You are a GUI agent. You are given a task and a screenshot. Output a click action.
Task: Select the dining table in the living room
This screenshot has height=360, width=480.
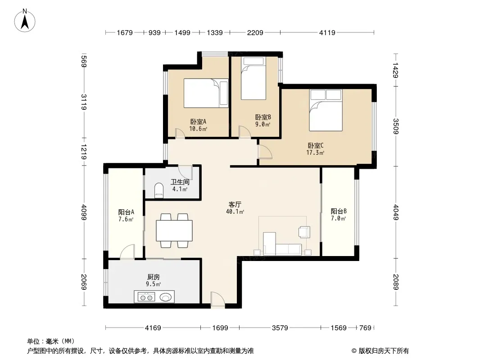click(x=174, y=230)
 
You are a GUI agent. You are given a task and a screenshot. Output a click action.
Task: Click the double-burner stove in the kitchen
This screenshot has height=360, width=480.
click(x=146, y=297)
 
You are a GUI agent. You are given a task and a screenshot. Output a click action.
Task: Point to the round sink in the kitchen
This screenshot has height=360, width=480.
click(x=166, y=297)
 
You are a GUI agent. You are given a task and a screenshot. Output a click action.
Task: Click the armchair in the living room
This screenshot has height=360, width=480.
click(x=304, y=232)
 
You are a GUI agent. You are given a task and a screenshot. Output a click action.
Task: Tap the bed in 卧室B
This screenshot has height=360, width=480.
click(x=253, y=78)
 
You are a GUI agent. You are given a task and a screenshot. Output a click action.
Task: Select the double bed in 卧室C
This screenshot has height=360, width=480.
click(x=326, y=110)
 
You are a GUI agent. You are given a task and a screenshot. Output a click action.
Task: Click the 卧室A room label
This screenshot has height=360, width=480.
click(x=198, y=122)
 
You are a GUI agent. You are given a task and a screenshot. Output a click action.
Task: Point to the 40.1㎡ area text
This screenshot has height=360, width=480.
click(x=235, y=211)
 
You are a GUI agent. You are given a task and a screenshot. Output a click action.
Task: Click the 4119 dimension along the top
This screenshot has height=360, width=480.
click(x=327, y=32)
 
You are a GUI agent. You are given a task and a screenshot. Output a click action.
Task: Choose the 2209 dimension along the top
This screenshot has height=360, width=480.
click(x=255, y=32)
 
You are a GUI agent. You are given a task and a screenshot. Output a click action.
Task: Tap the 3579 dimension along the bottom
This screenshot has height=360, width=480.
click(x=280, y=328)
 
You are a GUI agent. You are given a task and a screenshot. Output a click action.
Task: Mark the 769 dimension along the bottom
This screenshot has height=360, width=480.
click(x=365, y=328)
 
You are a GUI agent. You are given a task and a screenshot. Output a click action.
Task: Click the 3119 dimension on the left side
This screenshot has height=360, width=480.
click(x=84, y=102)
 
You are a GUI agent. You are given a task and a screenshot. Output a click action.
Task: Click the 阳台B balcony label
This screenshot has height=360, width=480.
click(x=339, y=211)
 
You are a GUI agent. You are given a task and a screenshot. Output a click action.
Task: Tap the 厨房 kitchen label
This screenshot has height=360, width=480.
click(x=154, y=277)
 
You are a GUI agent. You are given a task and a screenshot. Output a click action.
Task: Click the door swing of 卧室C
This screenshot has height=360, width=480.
click(x=265, y=151)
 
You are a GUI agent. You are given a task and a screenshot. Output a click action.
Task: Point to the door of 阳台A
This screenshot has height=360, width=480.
click(x=127, y=252)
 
